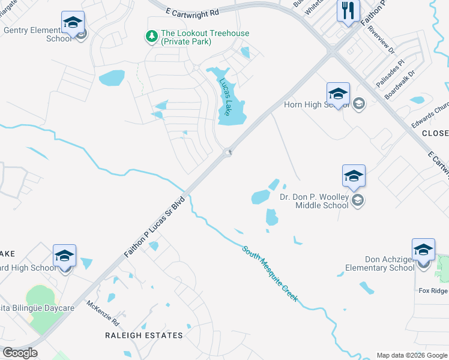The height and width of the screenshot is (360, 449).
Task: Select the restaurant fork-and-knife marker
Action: [x=348, y=10]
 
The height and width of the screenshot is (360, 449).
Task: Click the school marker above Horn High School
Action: [x=338, y=94]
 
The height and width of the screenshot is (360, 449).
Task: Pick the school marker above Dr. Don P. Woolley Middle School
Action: [x=354, y=176]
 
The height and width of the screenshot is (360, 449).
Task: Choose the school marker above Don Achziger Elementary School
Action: [x=423, y=250]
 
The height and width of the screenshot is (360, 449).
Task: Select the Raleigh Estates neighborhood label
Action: [x=143, y=335]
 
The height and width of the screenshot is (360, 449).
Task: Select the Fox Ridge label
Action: [x=433, y=290]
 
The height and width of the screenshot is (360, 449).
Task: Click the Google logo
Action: [x=20, y=353]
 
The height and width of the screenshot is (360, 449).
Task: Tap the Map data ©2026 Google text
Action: [x=412, y=355]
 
